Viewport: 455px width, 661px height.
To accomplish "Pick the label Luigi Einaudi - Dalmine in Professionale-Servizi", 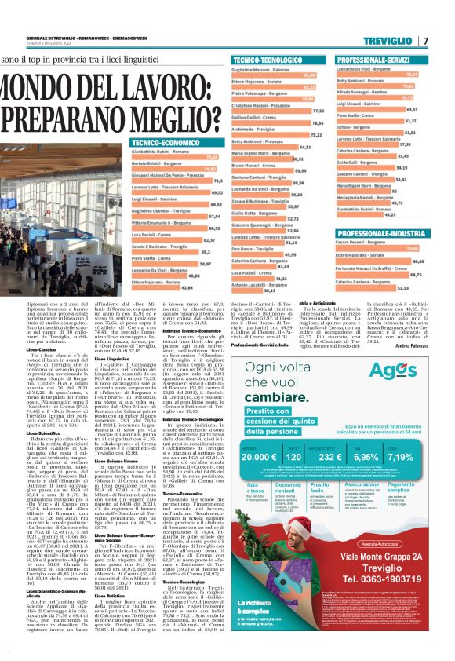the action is (x=359, y=110).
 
